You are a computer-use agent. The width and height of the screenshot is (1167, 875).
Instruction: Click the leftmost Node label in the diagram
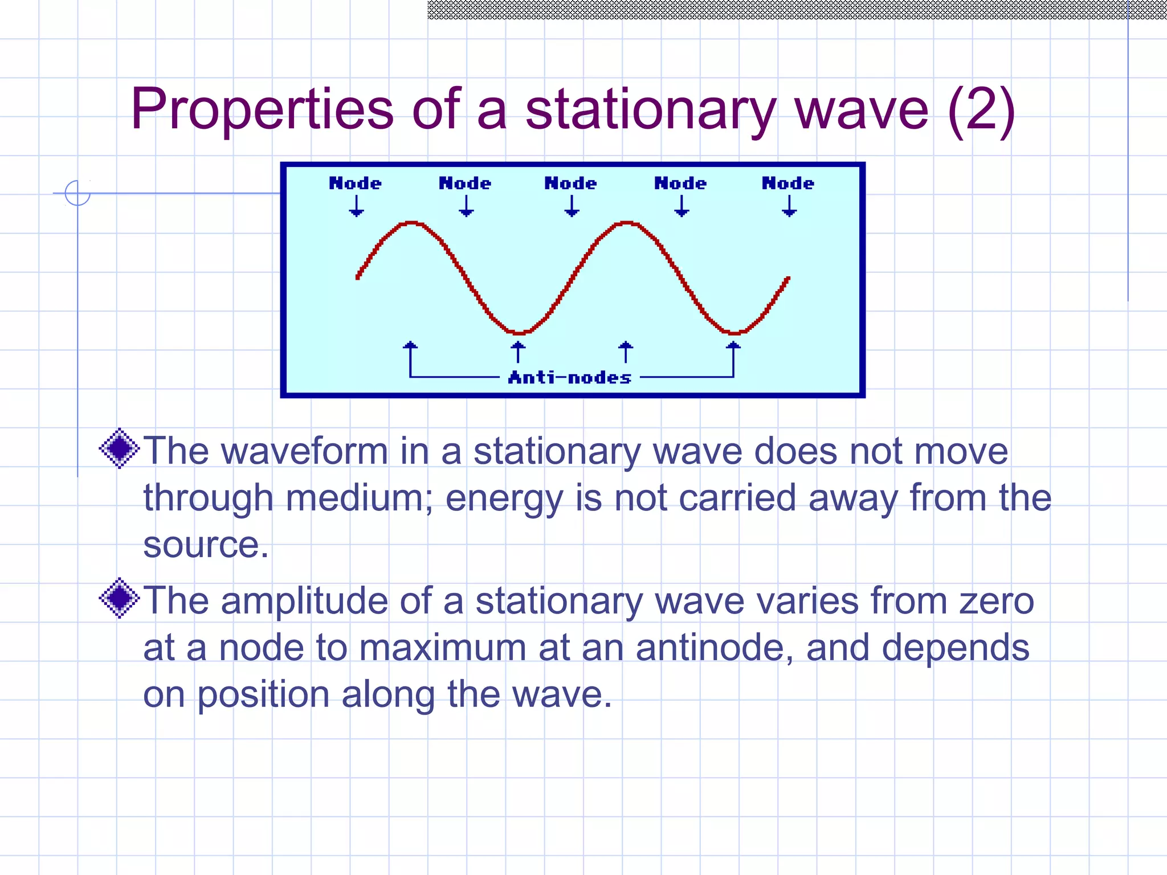tap(355, 183)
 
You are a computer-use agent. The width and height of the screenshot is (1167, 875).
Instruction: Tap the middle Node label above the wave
tap(570, 183)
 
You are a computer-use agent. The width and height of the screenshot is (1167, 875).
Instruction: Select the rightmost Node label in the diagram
tap(788, 183)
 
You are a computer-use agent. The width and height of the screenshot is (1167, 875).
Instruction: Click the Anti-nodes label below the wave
tap(570, 378)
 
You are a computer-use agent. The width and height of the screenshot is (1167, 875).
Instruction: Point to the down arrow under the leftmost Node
tap(356, 206)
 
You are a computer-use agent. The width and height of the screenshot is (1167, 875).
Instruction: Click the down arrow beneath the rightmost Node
tap(789, 206)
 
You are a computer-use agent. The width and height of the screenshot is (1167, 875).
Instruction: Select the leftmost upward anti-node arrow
tap(410, 352)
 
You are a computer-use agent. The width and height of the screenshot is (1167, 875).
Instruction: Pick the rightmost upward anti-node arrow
tap(733, 352)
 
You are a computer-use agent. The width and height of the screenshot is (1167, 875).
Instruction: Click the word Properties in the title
tap(262, 109)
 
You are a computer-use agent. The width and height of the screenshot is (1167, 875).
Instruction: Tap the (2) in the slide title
tap(981, 109)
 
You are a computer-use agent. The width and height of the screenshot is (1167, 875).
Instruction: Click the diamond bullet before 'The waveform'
tap(120, 448)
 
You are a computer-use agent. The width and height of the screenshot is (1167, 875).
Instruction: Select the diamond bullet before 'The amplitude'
tap(120, 598)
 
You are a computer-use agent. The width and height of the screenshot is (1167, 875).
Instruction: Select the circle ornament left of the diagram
tap(77, 193)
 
